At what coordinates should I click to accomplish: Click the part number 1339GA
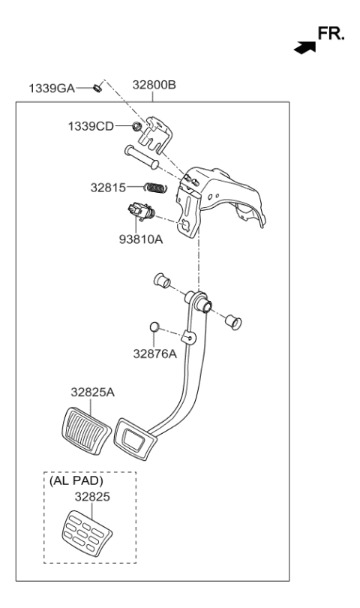pyautogui.click(x=52, y=89)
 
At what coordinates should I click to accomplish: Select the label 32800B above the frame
pyautogui.click(x=154, y=85)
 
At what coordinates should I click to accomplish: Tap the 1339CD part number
pyautogui.click(x=91, y=126)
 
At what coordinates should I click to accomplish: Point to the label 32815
pyautogui.click(x=108, y=188)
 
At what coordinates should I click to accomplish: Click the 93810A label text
pyautogui.click(x=141, y=239)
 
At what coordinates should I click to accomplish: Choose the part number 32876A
pyautogui.click(x=154, y=354)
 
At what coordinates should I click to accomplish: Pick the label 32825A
pyautogui.click(x=92, y=393)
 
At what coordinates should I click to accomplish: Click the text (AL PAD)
pyautogui.click(x=76, y=481)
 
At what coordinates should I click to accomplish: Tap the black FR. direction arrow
pyautogui.click(x=305, y=48)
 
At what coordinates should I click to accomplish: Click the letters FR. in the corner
pyautogui.click(x=331, y=34)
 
